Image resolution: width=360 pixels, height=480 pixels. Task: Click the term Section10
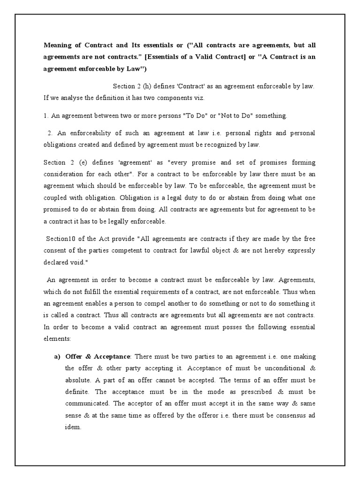click(61, 238)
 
